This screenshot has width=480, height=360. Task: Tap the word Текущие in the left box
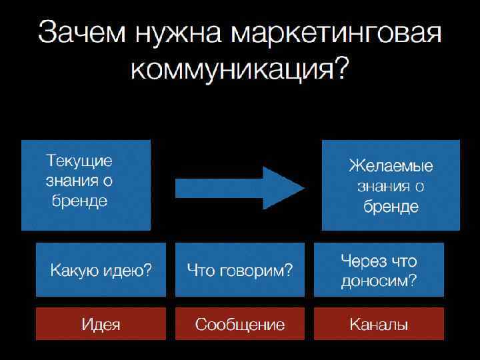click(x=79, y=161)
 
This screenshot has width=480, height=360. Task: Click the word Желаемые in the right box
click(x=391, y=166)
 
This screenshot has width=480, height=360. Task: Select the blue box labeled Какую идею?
click(x=101, y=269)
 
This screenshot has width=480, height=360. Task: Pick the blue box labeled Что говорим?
click(x=239, y=269)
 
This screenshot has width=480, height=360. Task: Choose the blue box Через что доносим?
click(x=379, y=269)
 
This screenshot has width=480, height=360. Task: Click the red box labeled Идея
click(x=101, y=325)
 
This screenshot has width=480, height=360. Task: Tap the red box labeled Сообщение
click(x=239, y=325)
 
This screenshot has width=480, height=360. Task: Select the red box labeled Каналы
click(x=379, y=325)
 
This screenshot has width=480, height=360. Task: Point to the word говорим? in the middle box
click(x=257, y=271)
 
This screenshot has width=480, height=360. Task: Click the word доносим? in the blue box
click(x=379, y=281)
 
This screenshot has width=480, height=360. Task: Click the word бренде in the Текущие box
click(x=79, y=201)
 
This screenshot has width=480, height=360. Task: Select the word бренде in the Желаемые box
click(x=391, y=207)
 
